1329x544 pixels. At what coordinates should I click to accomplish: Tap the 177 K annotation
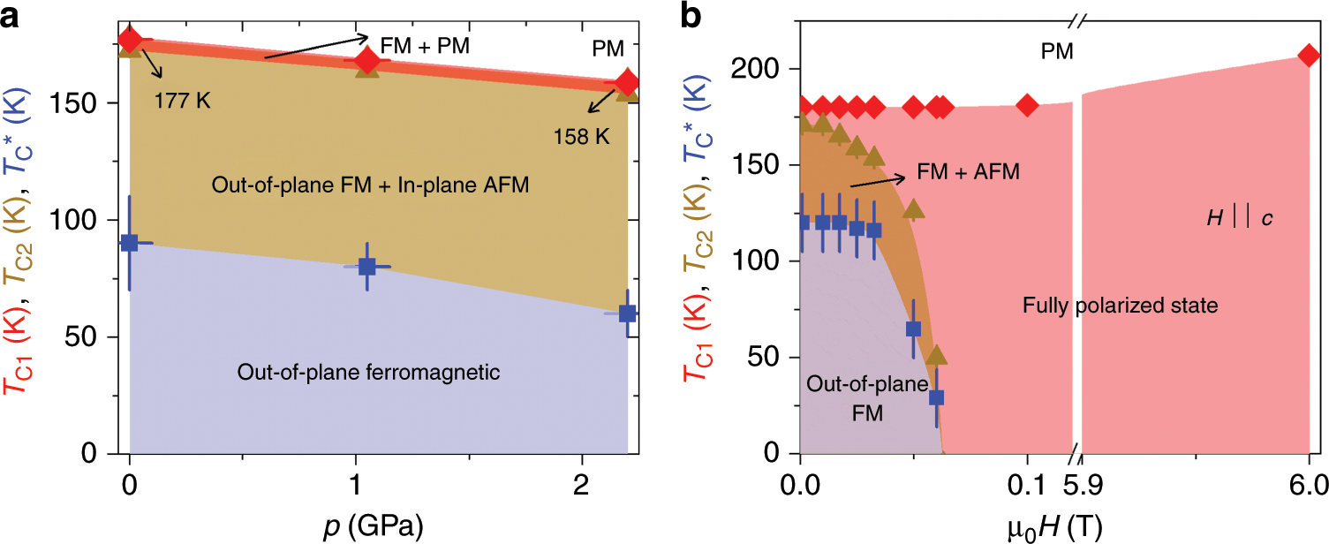pyautogui.click(x=184, y=99)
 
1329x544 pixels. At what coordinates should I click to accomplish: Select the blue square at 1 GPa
pyautogui.click(x=367, y=266)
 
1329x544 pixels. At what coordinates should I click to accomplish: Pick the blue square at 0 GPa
pyautogui.click(x=130, y=243)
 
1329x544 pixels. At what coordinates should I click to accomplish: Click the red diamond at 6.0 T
pyautogui.click(x=1309, y=56)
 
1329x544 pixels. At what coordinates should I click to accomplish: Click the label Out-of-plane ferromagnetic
pyautogui.click(x=368, y=373)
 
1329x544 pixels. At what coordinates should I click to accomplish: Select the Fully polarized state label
pyautogui.click(x=1121, y=306)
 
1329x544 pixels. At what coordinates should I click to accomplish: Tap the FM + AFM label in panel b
pyautogui.click(x=969, y=171)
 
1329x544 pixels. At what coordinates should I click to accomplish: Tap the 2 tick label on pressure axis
pyautogui.click(x=581, y=485)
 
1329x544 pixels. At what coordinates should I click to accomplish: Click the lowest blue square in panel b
pyautogui.click(x=936, y=397)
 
